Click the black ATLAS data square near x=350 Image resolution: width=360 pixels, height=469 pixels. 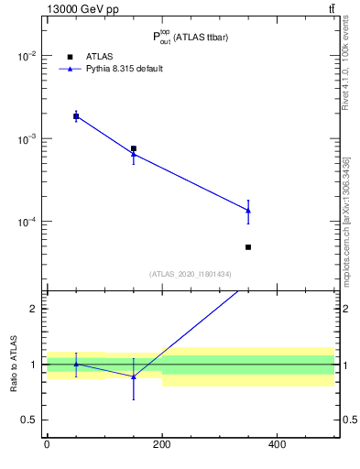coord(248,247)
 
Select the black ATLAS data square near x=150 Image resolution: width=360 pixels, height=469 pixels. coord(134,148)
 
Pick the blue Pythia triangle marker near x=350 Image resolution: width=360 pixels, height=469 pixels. coord(248,211)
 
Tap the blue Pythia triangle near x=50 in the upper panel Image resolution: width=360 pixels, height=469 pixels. coord(76,116)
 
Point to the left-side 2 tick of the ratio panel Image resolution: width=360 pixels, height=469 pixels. coord(33,309)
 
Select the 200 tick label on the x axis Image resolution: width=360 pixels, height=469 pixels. coord(162,444)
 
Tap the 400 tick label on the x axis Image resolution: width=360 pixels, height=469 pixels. coord(277,444)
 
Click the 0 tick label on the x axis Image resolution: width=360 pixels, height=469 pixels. coord(47,444)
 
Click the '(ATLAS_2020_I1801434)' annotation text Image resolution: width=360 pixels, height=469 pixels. coord(191,274)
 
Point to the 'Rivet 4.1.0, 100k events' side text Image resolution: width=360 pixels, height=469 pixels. coord(346,69)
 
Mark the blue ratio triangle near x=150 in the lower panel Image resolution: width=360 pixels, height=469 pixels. coord(134,376)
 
